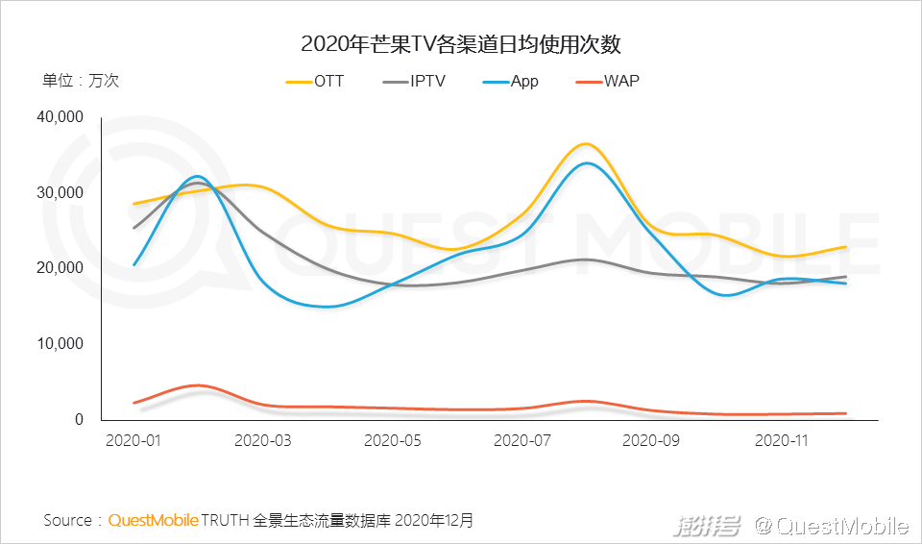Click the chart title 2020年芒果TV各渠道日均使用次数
tap(462, 44)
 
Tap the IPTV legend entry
tap(414, 82)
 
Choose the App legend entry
tap(511, 82)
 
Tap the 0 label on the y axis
tap(81, 420)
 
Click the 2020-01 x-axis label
tap(133, 441)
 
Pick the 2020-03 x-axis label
tap(263, 441)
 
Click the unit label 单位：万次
tap(81, 82)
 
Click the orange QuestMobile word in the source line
tap(153, 521)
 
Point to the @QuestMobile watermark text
tap(832, 526)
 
